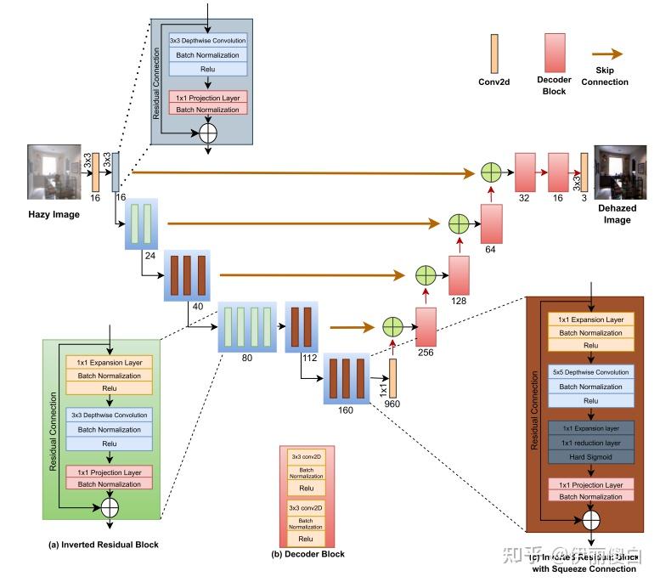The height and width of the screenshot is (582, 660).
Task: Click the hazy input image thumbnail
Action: [x=54, y=172]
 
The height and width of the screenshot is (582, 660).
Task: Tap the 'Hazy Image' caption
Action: [x=54, y=214]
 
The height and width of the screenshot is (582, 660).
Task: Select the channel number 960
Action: [x=392, y=404]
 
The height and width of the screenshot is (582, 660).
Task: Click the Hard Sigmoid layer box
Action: [x=590, y=456]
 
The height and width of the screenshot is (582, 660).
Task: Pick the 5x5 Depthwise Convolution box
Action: [x=590, y=373]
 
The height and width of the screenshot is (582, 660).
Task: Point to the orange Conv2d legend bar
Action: [x=494, y=54]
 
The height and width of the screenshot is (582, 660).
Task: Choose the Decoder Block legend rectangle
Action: [x=555, y=54]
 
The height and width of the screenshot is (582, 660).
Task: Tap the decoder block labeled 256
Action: [x=426, y=327]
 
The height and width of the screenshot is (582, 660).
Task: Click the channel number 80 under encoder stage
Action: [x=247, y=358]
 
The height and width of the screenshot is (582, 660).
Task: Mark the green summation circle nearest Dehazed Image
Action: [x=491, y=172]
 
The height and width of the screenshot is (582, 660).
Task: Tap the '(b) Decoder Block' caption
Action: [x=307, y=553]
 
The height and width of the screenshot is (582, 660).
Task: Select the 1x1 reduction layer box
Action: [x=590, y=443]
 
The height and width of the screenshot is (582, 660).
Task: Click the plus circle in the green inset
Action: [x=109, y=507]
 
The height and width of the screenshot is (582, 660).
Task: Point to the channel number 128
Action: [x=459, y=301]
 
